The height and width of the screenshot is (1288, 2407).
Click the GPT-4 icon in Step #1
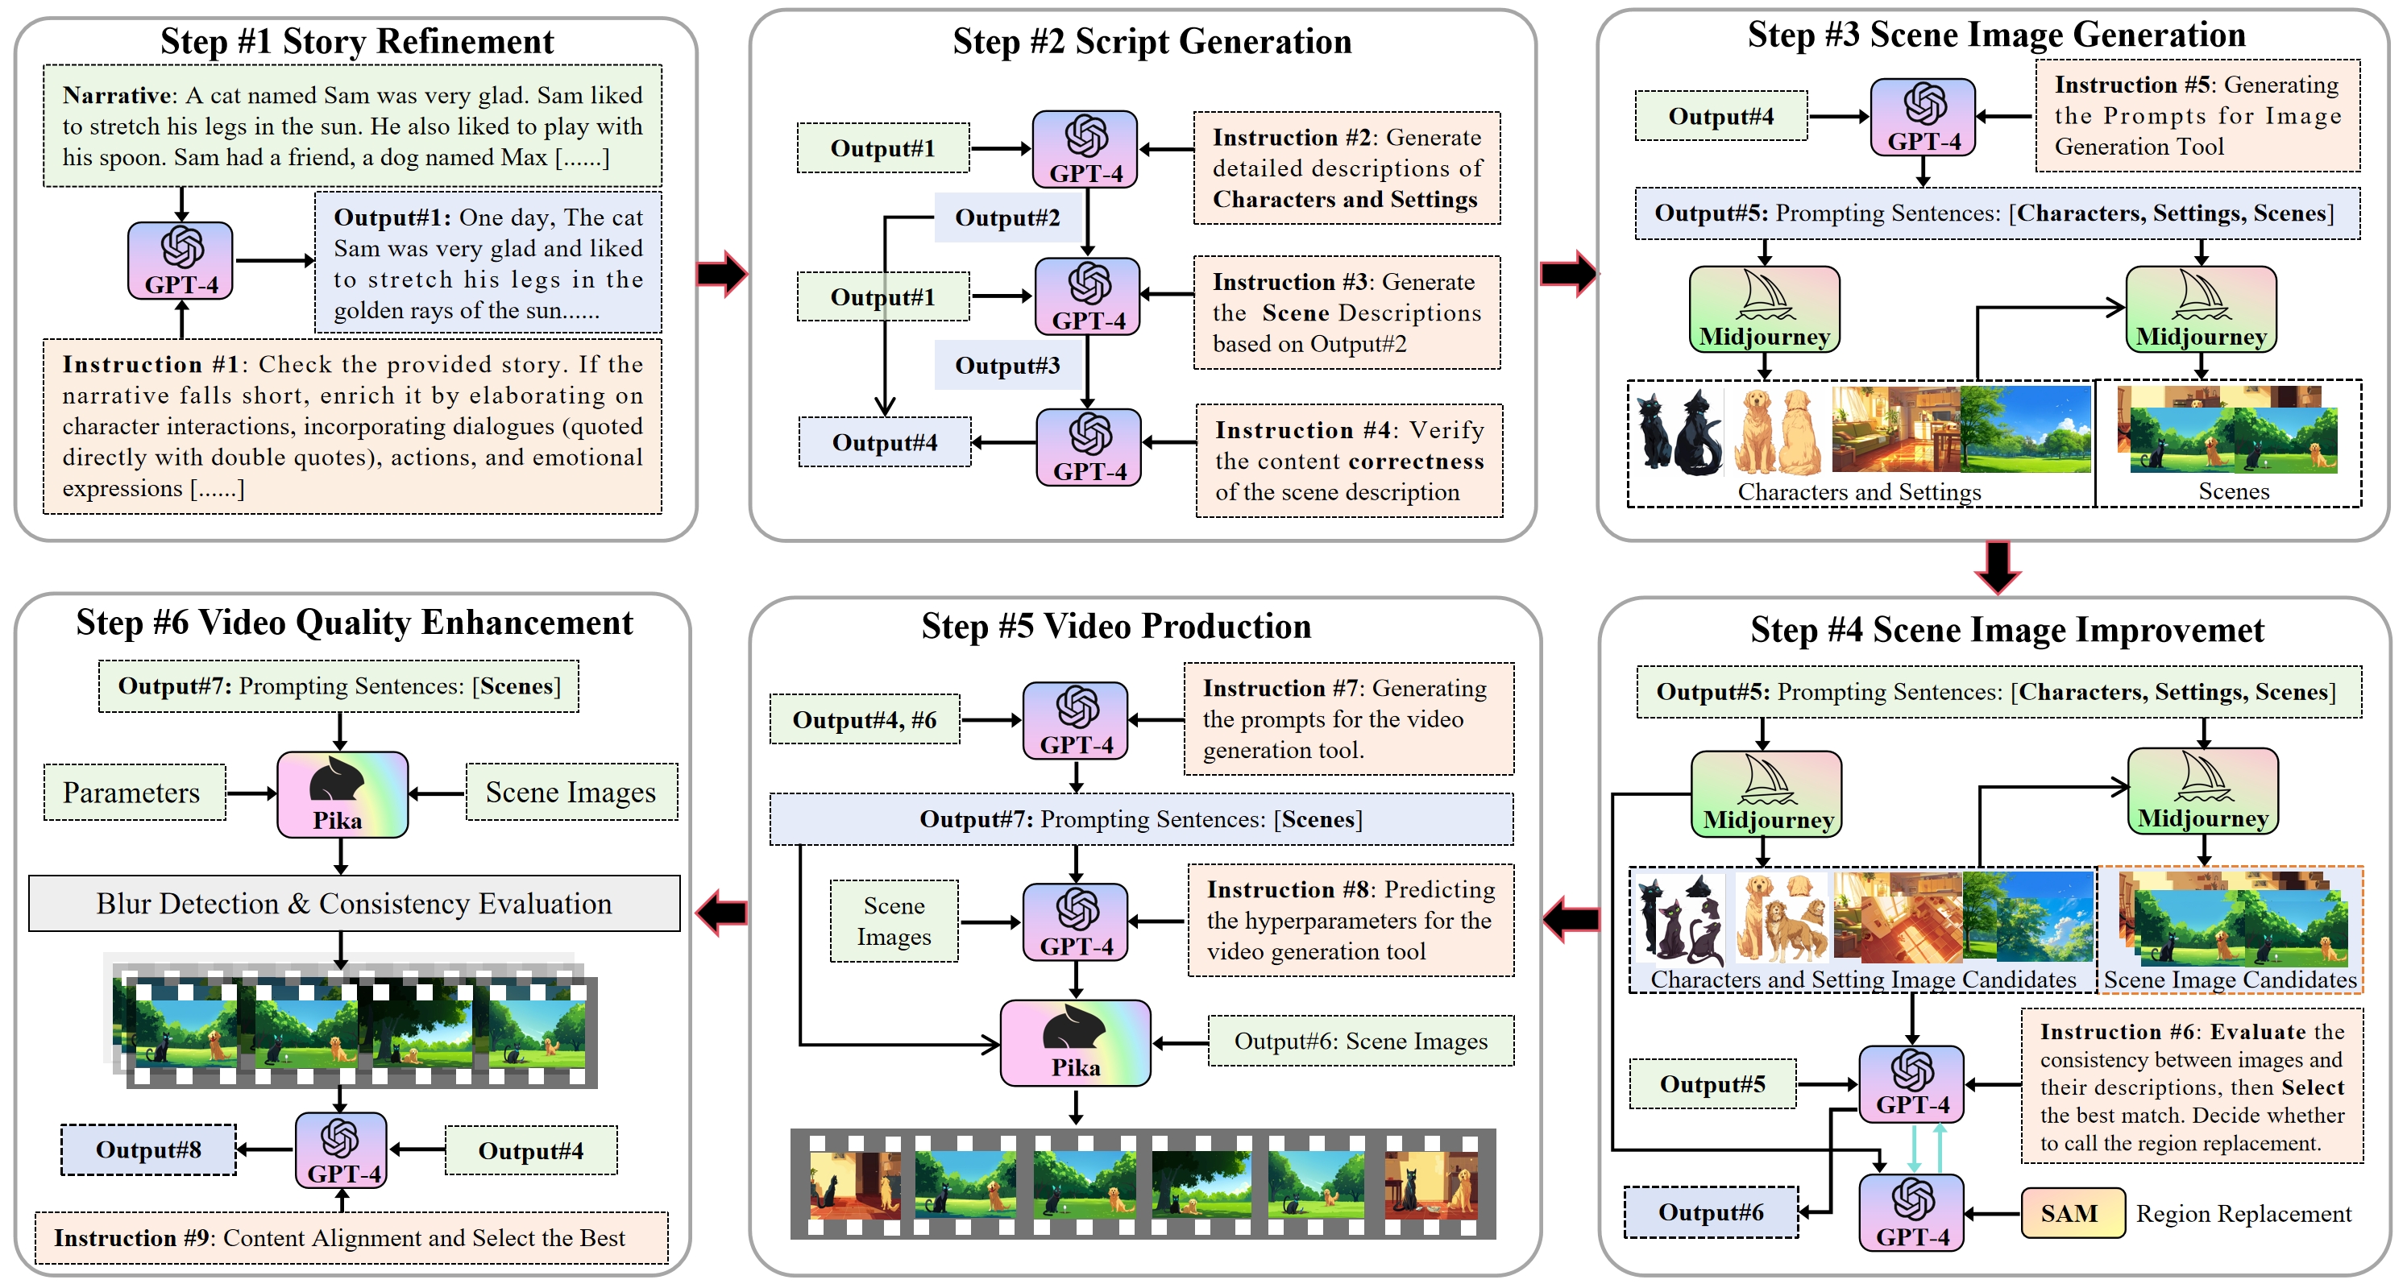coord(181,259)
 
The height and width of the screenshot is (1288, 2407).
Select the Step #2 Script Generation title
coord(1152,42)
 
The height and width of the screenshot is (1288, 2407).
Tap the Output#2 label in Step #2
coord(1007,217)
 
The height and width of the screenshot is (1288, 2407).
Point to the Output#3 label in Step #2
coord(1007,365)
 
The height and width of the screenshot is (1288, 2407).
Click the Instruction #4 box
coord(1348,461)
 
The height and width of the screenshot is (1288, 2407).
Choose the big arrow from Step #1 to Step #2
coord(721,273)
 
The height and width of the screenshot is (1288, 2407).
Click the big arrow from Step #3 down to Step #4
coord(1998,567)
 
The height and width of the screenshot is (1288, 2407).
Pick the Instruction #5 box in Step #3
coord(2197,116)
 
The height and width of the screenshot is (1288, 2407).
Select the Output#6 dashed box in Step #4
coord(1711,1212)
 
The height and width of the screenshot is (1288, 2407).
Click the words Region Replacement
coord(2243,1213)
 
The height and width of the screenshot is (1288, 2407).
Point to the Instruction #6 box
coord(2191,1087)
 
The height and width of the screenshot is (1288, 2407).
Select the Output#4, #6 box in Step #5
coord(865,719)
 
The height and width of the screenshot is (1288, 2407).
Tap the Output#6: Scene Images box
coord(1360,1041)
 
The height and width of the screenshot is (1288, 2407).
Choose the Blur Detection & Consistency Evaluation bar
coord(354,903)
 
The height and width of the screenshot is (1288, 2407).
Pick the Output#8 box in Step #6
coord(148,1149)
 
